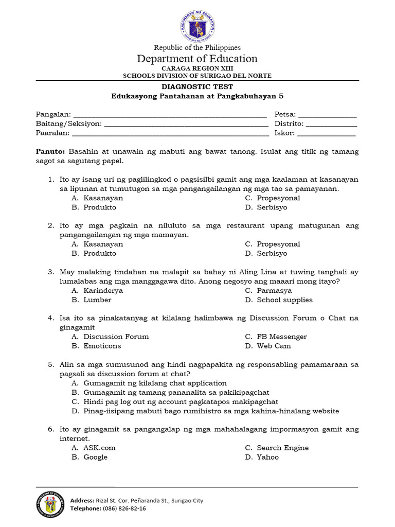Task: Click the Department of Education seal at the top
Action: coord(197,23)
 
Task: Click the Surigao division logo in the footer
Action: coord(50,504)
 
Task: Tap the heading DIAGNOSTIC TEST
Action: coord(197,87)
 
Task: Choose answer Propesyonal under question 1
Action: coord(278,198)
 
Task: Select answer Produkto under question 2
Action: coord(100,253)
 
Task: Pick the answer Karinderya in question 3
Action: coord(103,290)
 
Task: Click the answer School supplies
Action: coord(284,300)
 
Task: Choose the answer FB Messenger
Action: coord(281,337)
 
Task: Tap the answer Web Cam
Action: coord(274,346)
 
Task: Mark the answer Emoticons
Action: coord(102,346)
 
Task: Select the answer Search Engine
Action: coord(282,448)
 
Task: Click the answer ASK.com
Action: coord(99,448)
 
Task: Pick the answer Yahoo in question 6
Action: coord(267,457)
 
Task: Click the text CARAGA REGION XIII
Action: coord(197,68)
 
